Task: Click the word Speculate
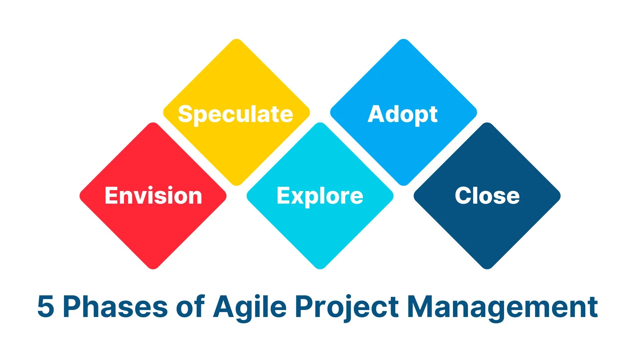235,114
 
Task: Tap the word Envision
153,196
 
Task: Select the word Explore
320,196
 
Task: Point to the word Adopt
403,114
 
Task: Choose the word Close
487,196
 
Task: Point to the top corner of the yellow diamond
236,40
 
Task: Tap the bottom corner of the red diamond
153,268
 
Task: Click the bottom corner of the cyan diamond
320,268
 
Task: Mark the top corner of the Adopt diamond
403,40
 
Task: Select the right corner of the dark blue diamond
559,196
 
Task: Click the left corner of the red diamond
81,196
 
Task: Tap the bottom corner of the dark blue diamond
487,268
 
